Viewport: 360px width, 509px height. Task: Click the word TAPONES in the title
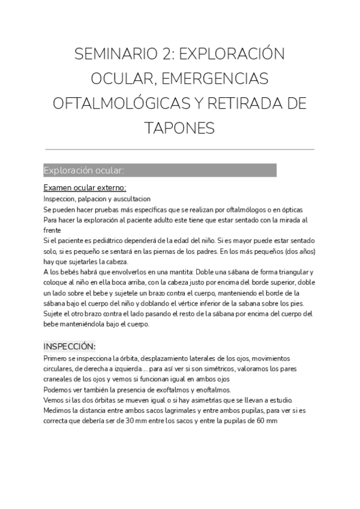[179, 127]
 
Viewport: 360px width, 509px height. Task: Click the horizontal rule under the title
[179, 149]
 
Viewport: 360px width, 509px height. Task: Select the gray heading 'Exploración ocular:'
[84, 170]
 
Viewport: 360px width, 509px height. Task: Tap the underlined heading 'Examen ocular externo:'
[85, 188]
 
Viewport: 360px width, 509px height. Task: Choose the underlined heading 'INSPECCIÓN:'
[70, 346]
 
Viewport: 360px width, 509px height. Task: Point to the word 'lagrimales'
[161, 411]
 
